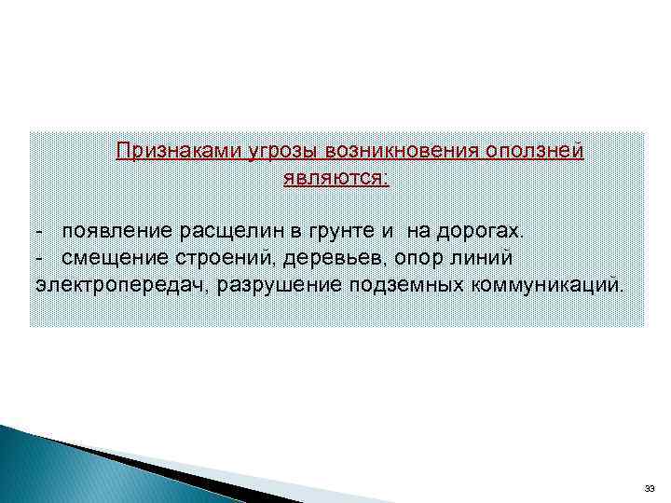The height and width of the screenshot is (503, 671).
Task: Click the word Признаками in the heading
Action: click(x=178, y=151)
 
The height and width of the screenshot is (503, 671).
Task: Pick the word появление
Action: click(x=115, y=229)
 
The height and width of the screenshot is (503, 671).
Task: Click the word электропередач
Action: click(x=121, y=283)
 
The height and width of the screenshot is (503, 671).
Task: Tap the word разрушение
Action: click(x=280, y=283)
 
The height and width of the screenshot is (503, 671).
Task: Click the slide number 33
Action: click(x=650, y=488)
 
